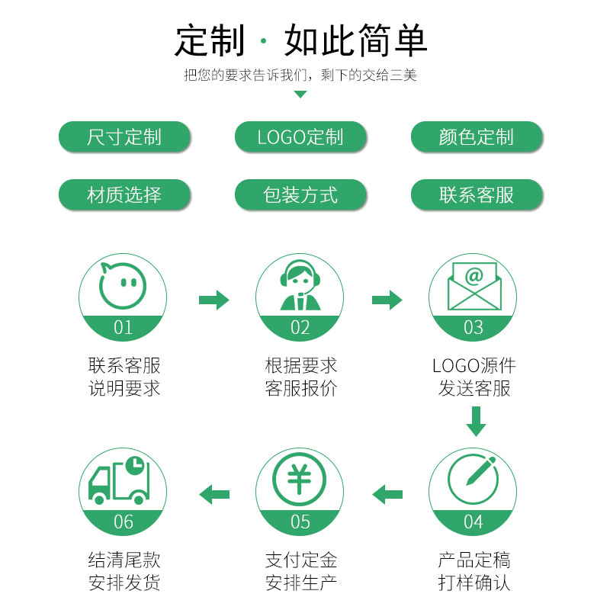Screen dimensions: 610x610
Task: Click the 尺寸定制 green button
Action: pyautogui.click(x=124, y=137)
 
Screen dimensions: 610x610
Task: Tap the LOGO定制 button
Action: pyautogui.click(x=300, y=137)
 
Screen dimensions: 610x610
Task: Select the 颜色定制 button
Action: pyautogui.click(x=477, y=137)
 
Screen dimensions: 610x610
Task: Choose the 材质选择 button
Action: pyautogui.click(x=124, y=195)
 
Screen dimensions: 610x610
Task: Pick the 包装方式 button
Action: pyautogui.click(x=300, y=195)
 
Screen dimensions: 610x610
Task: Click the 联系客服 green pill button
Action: pyautogui.click(x=477, y=195)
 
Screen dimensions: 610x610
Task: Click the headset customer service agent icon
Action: pyautogui.click(x=300, y=287)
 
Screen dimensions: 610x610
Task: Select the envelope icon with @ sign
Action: pyautogui.click(x=474, y=286)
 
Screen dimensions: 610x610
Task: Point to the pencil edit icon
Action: pyautogui.click(x=474, y=480)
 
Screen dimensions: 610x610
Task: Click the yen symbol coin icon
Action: pyautogui.click(x=300, y=480)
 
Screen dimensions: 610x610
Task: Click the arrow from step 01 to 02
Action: pyautogui.click(x=213, y=300)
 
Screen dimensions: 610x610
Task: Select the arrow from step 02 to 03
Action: pyautogui.click(x=387, y=300)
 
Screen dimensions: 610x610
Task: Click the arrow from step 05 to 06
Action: pyautogui.click(x=214, y=494)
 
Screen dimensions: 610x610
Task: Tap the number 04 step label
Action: pyautogui.click(x=474, y=522)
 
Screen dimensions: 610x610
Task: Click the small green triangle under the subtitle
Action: pyautogui.click(x=300, y=95)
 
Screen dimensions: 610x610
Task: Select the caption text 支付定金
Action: pyautogui.click(x=300, y=560)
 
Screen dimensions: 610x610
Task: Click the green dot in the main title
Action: pyautogui.click(x=265, y=40)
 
